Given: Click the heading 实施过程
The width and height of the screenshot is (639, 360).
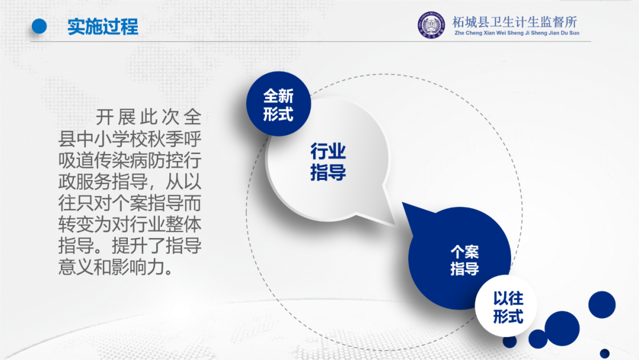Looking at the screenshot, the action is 103,27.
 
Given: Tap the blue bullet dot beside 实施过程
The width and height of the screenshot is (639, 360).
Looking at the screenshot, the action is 39,26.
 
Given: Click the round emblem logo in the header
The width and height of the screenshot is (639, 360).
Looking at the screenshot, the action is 431,25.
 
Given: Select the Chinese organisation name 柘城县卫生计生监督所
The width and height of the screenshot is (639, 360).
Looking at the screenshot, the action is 514,21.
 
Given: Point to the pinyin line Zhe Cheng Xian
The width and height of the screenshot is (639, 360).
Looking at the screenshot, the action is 475,33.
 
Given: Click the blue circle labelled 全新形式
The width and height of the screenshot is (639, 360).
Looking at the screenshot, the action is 279,104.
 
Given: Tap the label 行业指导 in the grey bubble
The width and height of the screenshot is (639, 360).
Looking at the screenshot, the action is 328,162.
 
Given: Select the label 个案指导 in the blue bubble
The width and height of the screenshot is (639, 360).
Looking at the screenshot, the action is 464,260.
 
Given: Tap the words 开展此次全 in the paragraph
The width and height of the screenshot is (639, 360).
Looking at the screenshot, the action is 149,117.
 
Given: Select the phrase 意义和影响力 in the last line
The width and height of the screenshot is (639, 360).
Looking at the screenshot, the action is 111,268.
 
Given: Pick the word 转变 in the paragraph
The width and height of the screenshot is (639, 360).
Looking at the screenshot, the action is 76,224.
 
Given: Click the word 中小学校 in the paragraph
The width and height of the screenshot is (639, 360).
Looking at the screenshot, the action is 112,139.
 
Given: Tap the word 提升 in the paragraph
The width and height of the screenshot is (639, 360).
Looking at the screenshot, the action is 130,246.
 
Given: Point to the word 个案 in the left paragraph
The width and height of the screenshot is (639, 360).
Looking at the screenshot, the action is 130,203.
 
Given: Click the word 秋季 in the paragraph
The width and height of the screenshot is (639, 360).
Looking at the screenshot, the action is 166,139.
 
